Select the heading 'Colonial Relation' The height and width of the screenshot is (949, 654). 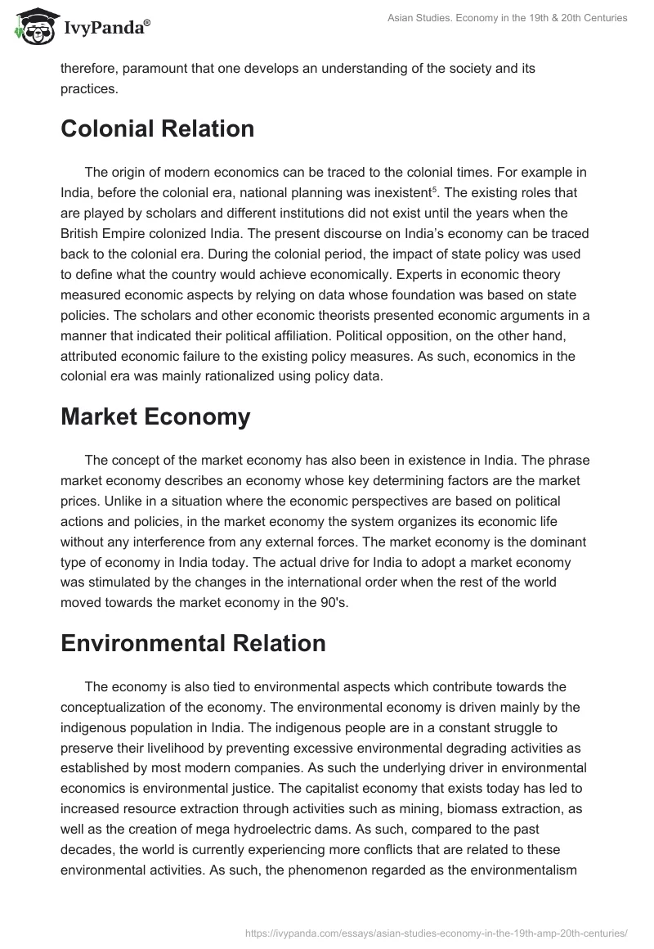tap(157, 128)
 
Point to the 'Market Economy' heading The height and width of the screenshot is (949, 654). tap(155, 416)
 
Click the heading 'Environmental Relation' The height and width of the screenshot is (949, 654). tap(193, 643)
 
